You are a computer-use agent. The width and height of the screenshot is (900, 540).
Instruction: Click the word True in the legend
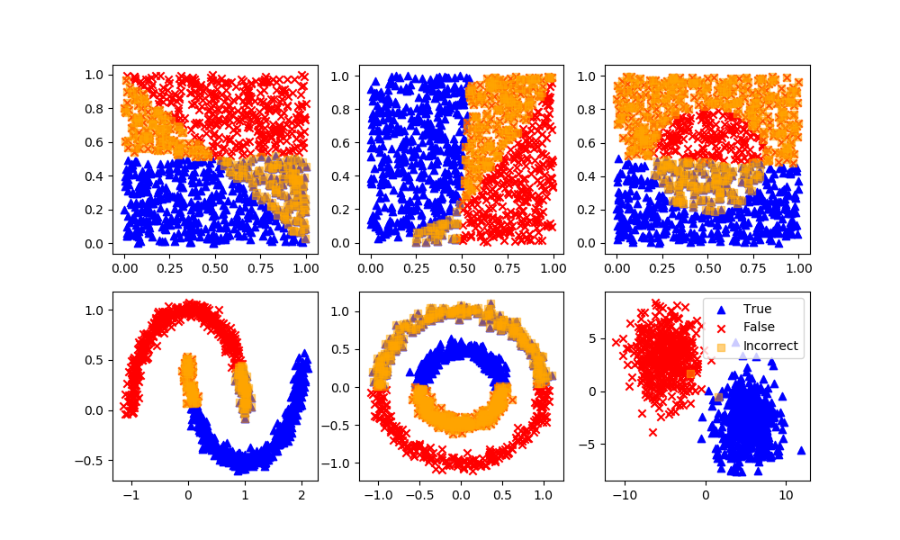757,309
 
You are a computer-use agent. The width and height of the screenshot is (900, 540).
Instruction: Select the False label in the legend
759,327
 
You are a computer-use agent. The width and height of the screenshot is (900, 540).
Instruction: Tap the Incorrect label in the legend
769,346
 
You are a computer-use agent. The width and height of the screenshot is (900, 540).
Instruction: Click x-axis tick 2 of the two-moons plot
301,493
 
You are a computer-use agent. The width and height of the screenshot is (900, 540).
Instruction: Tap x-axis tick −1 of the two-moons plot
130,493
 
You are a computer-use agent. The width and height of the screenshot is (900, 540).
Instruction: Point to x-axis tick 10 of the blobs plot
786,493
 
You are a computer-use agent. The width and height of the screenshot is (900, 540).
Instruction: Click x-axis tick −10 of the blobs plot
625,493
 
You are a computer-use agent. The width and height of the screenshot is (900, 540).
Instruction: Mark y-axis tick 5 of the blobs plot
595,338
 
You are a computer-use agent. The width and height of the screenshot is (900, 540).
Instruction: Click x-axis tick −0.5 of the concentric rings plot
420,493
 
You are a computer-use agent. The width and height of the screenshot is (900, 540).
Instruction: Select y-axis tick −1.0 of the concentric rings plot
337,463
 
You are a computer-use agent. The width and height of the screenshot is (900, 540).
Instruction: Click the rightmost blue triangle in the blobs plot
801,450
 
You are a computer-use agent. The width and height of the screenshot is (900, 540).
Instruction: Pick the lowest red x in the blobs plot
652,432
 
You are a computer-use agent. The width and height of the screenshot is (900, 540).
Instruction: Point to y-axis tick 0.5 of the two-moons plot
94,360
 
